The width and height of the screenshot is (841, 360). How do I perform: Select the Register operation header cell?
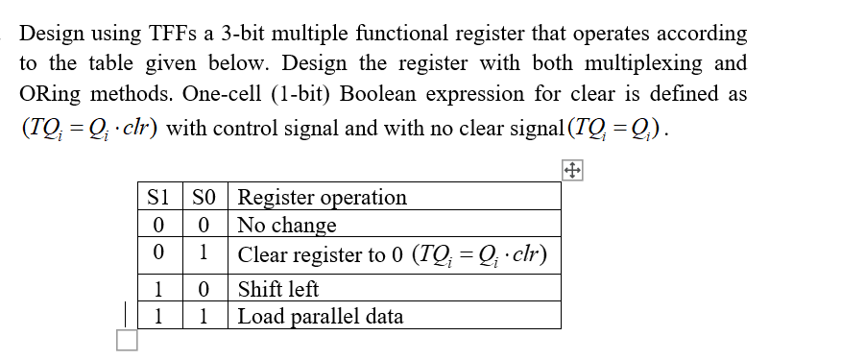point(322,198)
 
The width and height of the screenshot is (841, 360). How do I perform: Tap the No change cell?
point(287,226)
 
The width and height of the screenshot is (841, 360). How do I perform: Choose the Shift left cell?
point(278,289)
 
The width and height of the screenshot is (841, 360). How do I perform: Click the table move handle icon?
point(571,171)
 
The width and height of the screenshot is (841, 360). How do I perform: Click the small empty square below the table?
point(127,340)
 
